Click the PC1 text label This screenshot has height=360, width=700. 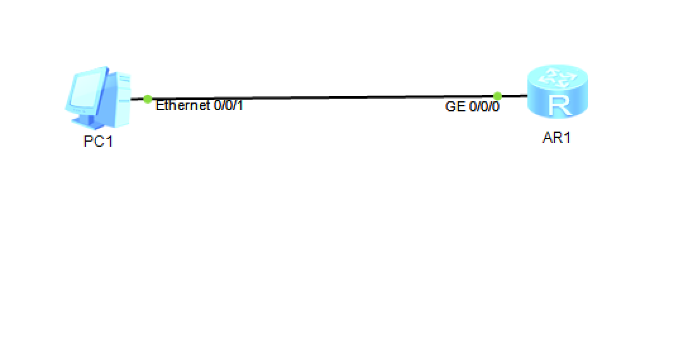[x=98, y=141]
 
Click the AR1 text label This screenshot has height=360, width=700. [x=556, y=138]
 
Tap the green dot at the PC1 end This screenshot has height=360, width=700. [x=147, y=99]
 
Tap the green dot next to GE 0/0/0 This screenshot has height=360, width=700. [x=498, y=96]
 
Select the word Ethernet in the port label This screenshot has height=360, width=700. [x=183, y=105]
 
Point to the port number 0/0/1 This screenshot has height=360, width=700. [x=228, y=105]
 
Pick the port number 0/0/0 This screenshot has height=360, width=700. [x=484, y=106]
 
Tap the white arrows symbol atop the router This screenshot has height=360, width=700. [x=557, y=78]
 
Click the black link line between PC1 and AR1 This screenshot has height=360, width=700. [x=322, y=97]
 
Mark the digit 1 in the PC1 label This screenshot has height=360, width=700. [x=109, y=141]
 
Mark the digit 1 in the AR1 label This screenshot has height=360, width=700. [x=567, y=138]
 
